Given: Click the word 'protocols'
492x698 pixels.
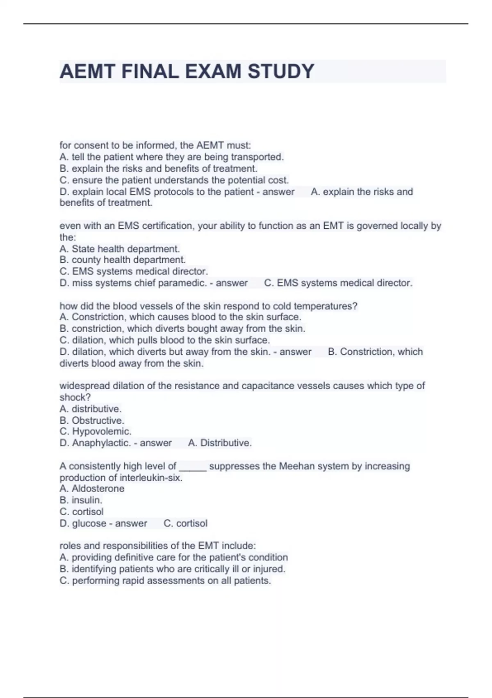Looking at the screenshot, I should point(173,192).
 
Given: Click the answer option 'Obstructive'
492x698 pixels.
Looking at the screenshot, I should point(98,420).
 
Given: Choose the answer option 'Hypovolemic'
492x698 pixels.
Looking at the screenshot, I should point(101,432).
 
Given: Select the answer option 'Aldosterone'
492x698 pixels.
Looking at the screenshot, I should point(98,489).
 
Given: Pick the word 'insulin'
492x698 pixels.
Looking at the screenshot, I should point(87,500).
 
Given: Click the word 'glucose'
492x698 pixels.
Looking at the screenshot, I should point(89,523).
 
